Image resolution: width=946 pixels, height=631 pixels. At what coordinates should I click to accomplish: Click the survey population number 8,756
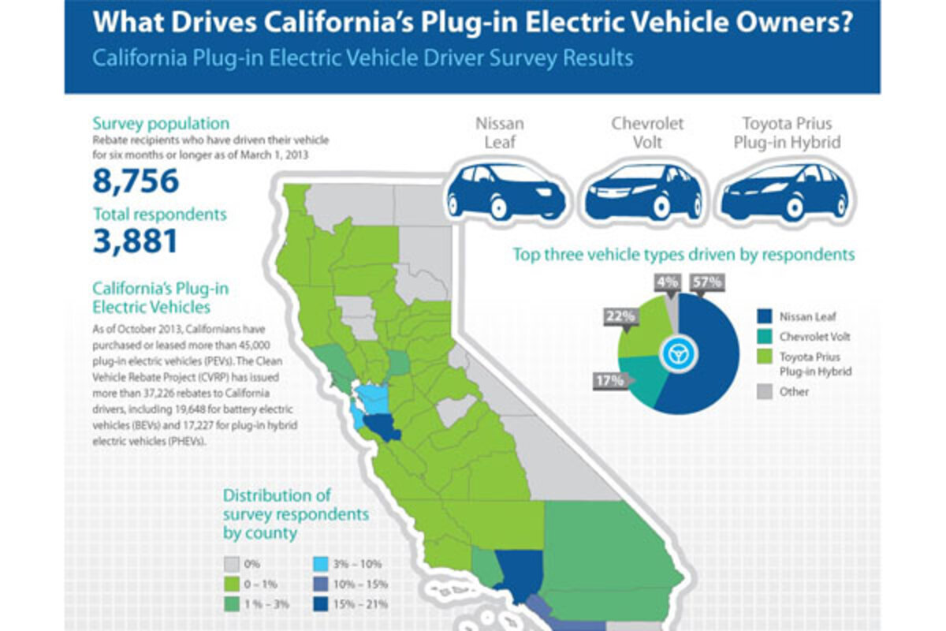point(136,181)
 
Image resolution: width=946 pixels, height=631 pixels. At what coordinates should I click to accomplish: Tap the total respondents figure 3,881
point(135,241)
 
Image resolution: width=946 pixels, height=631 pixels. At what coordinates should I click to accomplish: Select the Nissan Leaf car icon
point(506,192)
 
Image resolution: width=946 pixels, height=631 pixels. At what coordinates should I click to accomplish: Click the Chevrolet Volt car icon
point(643,192)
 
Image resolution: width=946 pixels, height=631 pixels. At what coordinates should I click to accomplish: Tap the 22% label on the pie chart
point(620,315)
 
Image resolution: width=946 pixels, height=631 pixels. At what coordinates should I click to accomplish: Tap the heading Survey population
point(161,123)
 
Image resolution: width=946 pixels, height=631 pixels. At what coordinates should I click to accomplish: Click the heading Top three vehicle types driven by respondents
point(683,255)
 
